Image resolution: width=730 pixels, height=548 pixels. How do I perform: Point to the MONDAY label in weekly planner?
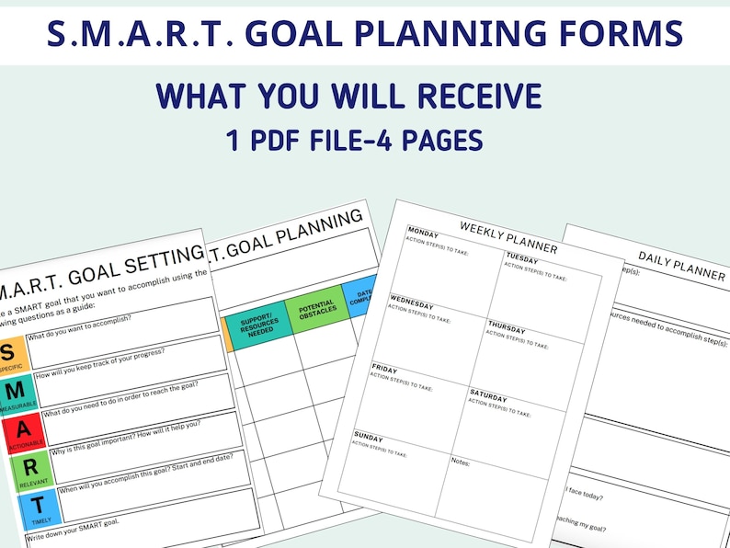pos(424,231)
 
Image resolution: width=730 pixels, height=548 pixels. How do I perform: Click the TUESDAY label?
pos(522,257)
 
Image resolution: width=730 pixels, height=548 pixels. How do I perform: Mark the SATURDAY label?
pos(489,395)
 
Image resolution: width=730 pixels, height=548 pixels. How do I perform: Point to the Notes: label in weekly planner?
pos(461,462)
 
